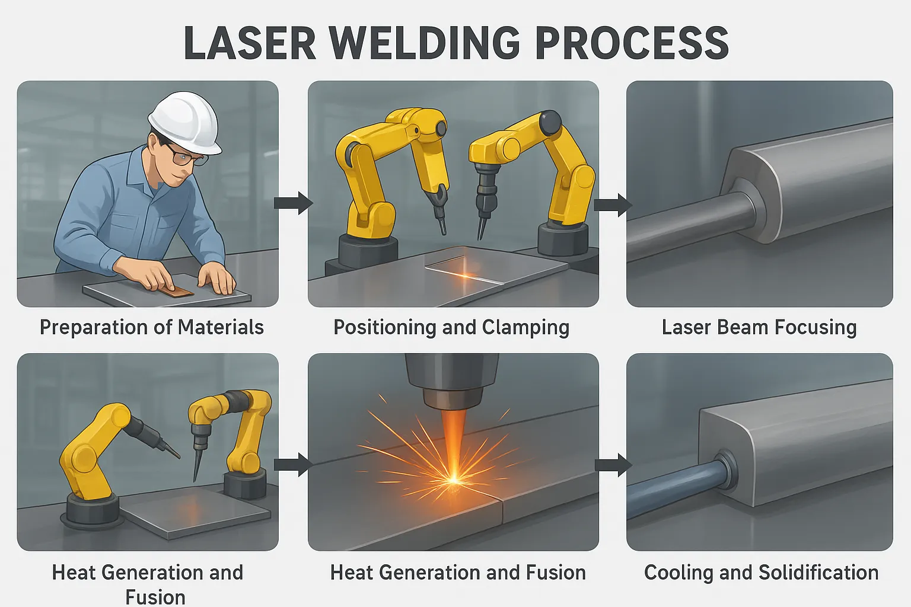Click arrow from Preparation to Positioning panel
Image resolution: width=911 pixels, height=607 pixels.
tap(293, 203)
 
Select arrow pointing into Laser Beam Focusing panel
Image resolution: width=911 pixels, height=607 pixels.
tap(613, 205)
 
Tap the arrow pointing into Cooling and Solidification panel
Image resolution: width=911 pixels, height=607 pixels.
tap(613, 465)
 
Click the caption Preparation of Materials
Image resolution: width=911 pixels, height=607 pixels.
tap(151, 327)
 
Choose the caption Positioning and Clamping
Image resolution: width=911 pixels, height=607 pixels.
tap(451, 327)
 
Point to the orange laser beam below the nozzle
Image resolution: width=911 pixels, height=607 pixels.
tap(454, 433)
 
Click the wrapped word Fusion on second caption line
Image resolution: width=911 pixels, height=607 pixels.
tap(155, 596)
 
